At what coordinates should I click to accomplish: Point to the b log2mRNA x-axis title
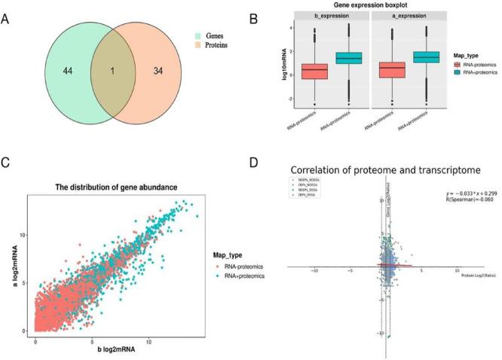[x=111, y=349]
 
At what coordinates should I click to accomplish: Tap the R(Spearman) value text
[x=457, y=201]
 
